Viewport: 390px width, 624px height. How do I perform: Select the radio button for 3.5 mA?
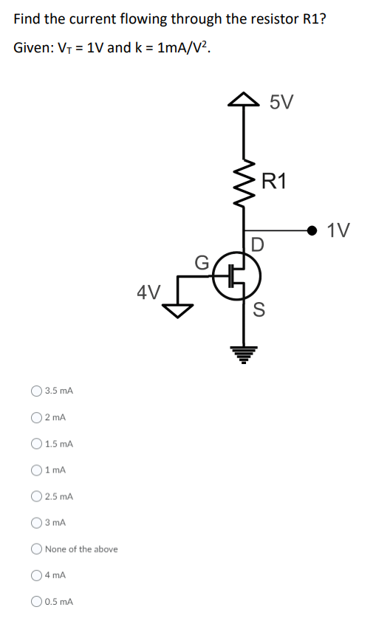click(x=36, y=390)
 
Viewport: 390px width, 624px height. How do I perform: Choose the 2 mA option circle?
click(x=36, y=417)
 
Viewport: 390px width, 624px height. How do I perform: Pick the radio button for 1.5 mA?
click(x=36, y=444)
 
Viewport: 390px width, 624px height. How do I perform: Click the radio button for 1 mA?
click(x=36, y=470)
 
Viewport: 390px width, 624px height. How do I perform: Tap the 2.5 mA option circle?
click(x=36, y=496)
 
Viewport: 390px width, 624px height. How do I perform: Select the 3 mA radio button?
click(x=36, y=522)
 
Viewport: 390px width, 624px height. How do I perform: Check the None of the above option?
click(x=36, y=549)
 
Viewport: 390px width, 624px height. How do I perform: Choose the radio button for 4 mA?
click(x=36, y=575)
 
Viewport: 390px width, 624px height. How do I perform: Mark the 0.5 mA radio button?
click(x=36, y=602)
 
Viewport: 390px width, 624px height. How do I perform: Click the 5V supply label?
click(x=281, y=103)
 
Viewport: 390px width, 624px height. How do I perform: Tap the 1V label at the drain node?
click(x=340, y=230)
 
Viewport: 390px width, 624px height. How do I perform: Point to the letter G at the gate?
click(x=201, y=262)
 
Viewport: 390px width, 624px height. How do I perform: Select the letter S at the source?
click(x=259, y=309)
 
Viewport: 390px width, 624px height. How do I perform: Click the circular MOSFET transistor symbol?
click(x=236, y=276)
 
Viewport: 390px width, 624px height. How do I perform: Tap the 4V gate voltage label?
click(x=150, y=292)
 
